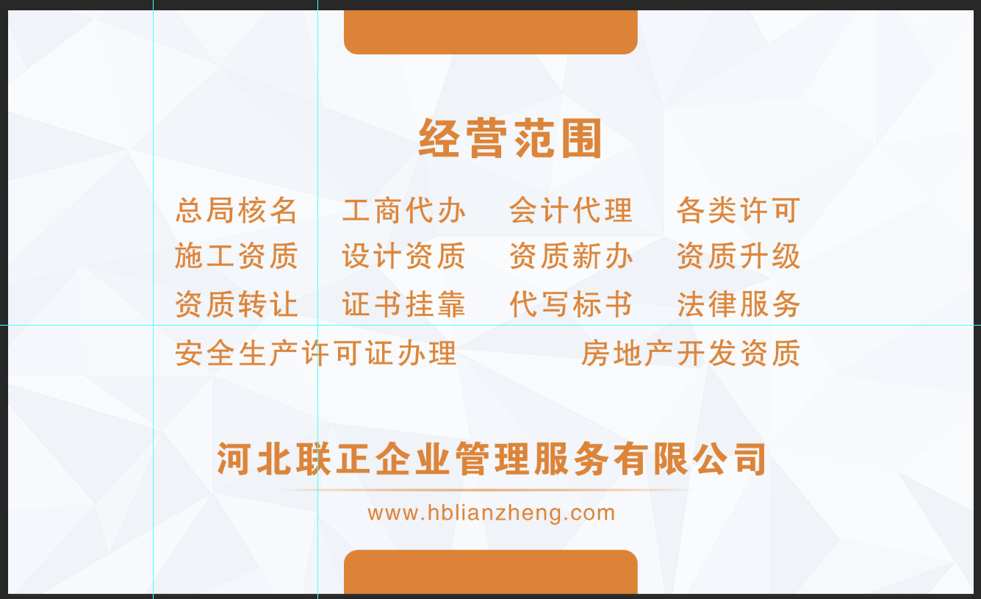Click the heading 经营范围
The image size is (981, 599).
tap(511, 138)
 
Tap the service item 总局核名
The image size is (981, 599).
tap(237, 210)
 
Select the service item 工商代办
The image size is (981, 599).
tap(403, 210)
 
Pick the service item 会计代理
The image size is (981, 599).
tap(571, 210)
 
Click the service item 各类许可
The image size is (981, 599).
tap(739, 210)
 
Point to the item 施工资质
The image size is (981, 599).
tap(237, 256)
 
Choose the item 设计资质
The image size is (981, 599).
tap(403, 256)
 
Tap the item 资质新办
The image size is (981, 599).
tap(571, 256)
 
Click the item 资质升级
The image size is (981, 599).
tap(739, 256)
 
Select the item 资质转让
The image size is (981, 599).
tap(237, 304)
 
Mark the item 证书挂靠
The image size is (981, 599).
tap(403, 304)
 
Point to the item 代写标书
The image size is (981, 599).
tap(571, 304)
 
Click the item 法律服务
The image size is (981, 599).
tap(739, 304)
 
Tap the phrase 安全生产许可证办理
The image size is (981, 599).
tap(316, 353)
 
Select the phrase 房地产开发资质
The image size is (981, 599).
tap(691, 353)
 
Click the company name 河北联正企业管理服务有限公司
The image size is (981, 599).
tap(492, 459)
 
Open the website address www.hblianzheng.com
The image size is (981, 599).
tap(492, 513)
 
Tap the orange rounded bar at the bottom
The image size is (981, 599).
tap(491, 572)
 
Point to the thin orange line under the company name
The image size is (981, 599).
tap(489, 490)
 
